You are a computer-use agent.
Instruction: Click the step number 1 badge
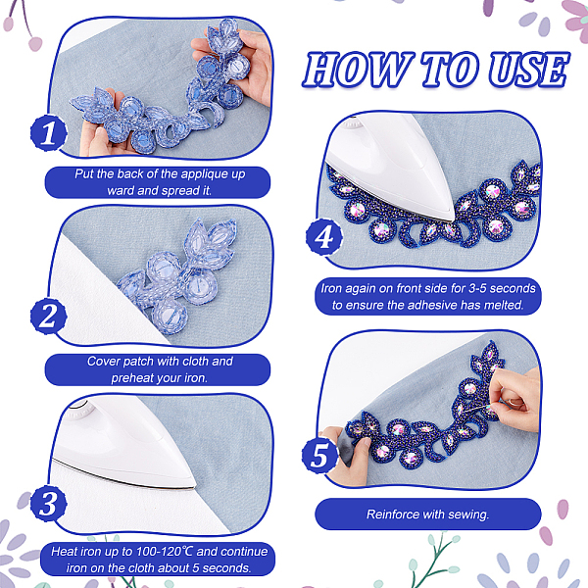[48, 133]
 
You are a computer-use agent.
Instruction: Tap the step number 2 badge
[48, 317]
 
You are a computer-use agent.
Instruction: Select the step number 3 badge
[48, 504]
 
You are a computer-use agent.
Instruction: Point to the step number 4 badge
[324, 237]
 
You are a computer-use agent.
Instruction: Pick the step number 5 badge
[319, 456]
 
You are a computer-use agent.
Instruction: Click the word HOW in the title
[358, 70]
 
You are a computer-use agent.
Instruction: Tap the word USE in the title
[529, 70]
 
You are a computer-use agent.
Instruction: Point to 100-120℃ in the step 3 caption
[165, 552]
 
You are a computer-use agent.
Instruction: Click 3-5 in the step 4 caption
[476, 288]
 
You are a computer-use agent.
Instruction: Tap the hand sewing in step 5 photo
[514, 398]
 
